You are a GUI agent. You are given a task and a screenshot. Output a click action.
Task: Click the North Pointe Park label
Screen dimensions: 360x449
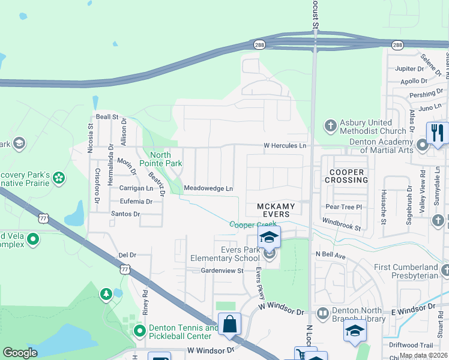pyautogui.click(x=160, y=159)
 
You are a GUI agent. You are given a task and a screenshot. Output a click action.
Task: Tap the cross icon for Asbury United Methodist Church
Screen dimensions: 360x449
pyautogui.click(x=330, y=126)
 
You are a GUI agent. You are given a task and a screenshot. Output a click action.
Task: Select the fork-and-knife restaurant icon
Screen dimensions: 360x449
pyautogui.click(x=437, y=133)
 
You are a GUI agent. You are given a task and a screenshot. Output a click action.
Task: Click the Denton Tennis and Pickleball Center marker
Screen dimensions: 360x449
pyautogui.click(x=140, y=331)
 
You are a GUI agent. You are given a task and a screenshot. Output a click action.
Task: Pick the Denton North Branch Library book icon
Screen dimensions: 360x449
pyautogui.click(x=323, y=313)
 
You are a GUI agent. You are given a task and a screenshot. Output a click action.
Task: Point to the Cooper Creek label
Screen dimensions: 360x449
pyautogui.click(x=253, y=224)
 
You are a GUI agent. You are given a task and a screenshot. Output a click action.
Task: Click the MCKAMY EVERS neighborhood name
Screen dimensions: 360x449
pyautogui.click(x=276, y=210)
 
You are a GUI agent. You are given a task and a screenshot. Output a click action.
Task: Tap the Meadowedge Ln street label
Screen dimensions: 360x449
pyautogui.click(x=208, y=188)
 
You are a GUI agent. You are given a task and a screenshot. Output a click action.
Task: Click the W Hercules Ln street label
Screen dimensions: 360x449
pyautogui.click(x=285, y=146)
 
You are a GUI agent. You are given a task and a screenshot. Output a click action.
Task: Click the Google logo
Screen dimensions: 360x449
pyautogui.click(x=20, y=353)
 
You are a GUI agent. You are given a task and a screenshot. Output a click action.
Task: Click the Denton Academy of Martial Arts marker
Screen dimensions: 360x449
pyautogui.click(x=423, y=145)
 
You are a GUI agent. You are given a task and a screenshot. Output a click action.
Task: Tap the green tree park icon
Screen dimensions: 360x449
pyautogui.click(x=106, y=294)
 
